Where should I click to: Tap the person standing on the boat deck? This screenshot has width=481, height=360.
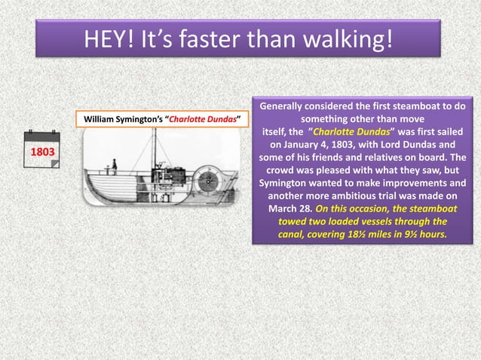point(115,164)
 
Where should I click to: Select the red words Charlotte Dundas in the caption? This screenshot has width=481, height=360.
point(202,120)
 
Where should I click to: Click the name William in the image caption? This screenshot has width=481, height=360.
point(101,120)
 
